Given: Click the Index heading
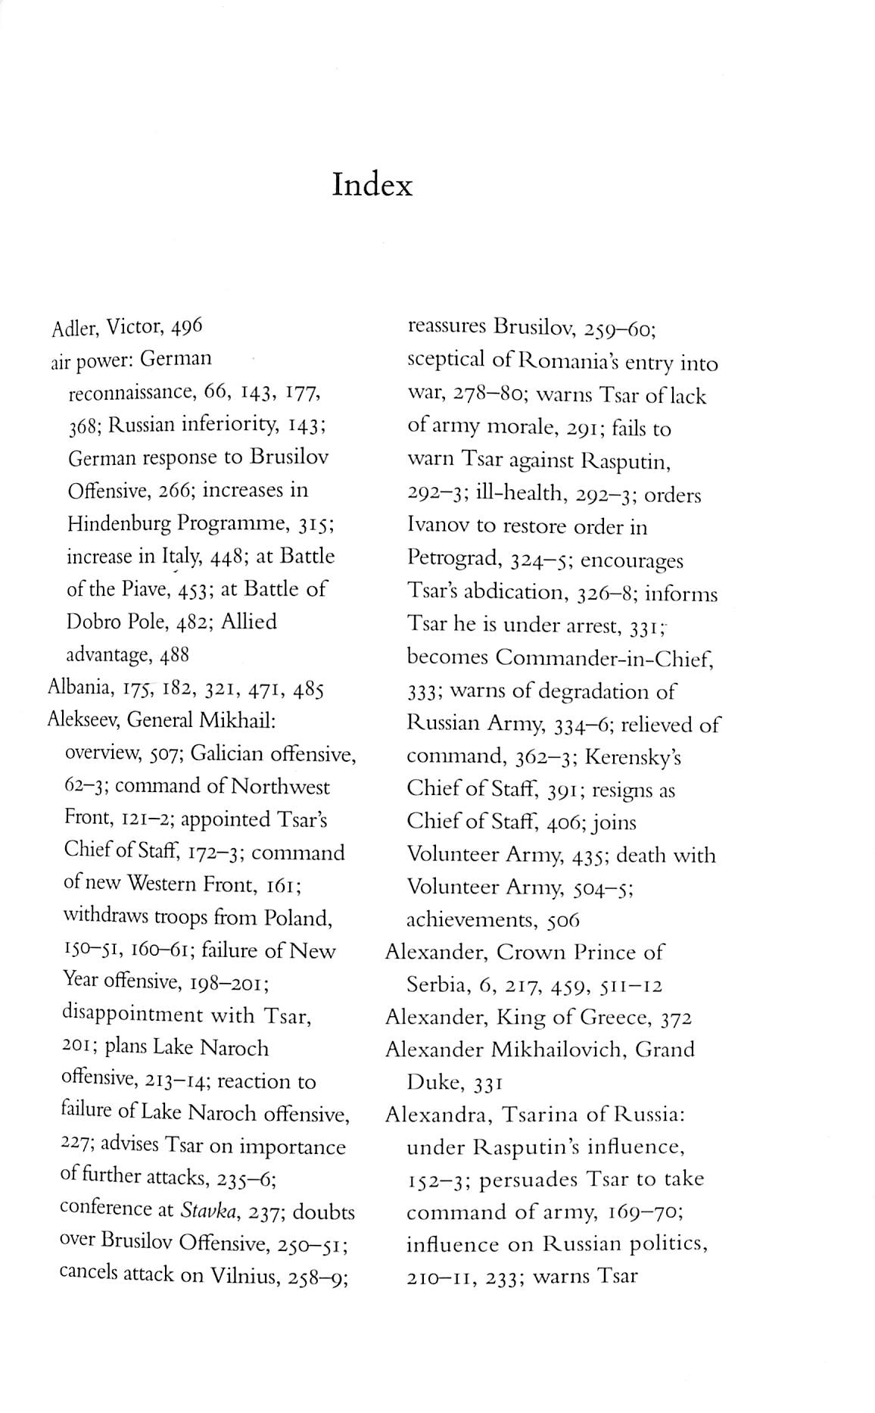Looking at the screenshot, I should click(372, 185).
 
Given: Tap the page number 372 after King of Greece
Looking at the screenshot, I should click(676, 1018).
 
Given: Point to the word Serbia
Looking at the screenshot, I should click(437, 985).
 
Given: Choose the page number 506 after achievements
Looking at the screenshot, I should click(563, 921).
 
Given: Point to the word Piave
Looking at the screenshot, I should click(139, 590).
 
